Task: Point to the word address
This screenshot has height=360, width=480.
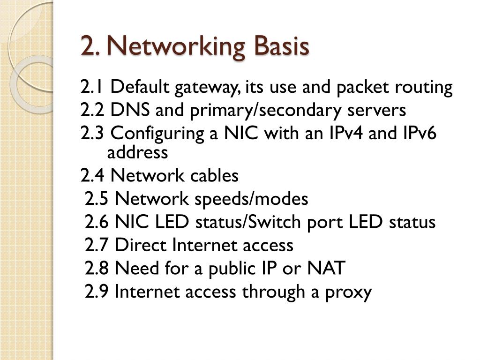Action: [137, 152]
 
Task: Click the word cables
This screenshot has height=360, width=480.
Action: [214, 176]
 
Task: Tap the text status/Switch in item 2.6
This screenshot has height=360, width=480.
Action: [255, 222]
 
